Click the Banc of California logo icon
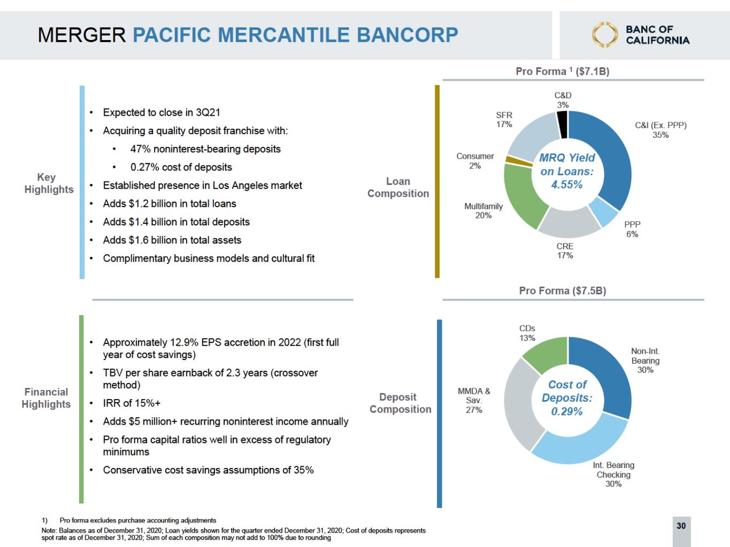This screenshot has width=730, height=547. (x=604, y=35)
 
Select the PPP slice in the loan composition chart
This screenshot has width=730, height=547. (x=603, y=212)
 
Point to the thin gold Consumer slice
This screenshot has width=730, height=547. (x=510, y=160)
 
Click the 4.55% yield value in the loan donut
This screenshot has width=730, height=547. (x=567, y=185)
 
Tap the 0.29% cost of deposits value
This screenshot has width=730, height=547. (x=567, y=412)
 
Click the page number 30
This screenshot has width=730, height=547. (x=681, y=526)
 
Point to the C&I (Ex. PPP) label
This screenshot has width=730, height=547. (x=660, y=126)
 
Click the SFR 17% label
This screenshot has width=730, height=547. (x=504, y=120)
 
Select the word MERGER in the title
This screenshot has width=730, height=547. (x=82, y=35)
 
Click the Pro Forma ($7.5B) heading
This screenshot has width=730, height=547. (x=562, y=291)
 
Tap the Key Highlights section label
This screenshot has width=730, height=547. (x=49, y=183)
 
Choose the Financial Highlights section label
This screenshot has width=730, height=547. (x=46, y=398)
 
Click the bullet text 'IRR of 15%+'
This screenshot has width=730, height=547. (x=132, y=403)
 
